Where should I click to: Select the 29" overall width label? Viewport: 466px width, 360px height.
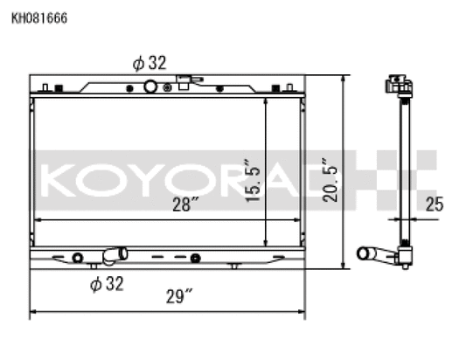click(177, 296)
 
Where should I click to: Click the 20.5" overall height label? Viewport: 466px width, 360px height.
click(330, 179)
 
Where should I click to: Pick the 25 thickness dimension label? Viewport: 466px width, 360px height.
click(435, 205)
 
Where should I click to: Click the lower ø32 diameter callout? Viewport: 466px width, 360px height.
click(107, 282)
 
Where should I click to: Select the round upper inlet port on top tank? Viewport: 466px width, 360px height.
click(150, 87)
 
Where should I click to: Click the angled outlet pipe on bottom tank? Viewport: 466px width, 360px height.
click(113, 256)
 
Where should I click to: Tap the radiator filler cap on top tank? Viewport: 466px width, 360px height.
click(184, 83)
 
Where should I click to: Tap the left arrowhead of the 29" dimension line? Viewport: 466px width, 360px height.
click(34, 312)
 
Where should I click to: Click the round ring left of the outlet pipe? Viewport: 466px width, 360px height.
click(78, 258)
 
